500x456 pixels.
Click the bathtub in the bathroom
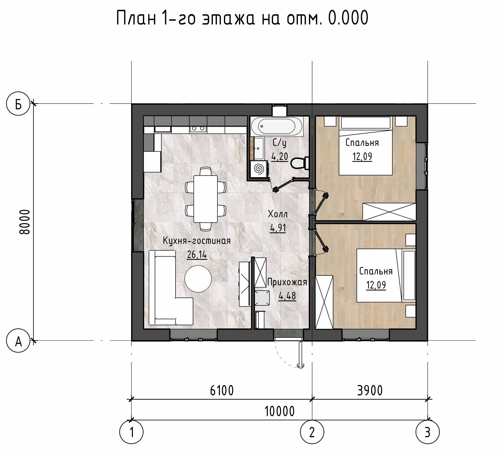[277, 126]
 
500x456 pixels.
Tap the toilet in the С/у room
[300, 163]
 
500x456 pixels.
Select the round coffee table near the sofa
[198, 278]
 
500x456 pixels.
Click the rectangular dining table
[205, 199]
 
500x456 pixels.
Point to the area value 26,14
[197, 255]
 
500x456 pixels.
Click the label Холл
[278, 214]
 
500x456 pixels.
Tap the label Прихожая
[287, 282]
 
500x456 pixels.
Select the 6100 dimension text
[222, 391]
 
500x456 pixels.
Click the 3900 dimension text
[370, 391]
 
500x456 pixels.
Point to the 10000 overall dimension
[280, 411]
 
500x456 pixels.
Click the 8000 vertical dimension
[25, 222]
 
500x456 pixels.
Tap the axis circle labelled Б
[18, 104]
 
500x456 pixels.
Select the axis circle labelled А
[18, 341]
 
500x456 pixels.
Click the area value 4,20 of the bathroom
[280, 156]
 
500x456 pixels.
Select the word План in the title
[136, 18]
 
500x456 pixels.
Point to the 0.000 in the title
[348, 18]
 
